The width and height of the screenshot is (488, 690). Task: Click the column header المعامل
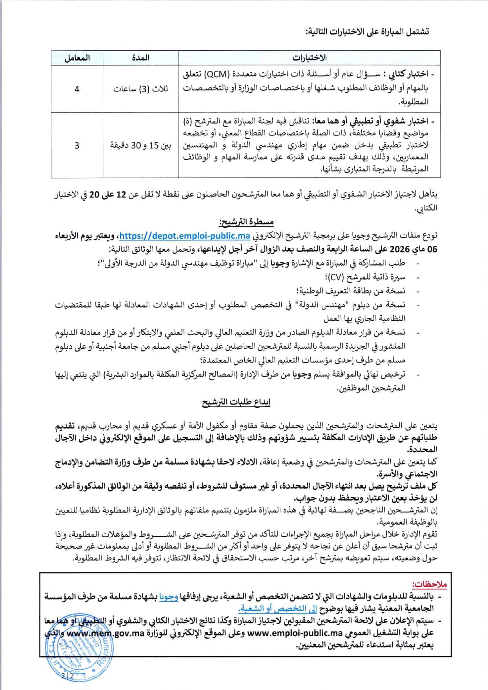pos(77,58)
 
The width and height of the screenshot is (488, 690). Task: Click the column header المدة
pos(141,58)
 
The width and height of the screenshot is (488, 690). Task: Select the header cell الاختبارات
pos(309,58)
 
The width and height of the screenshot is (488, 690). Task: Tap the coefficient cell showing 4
pos(77,89)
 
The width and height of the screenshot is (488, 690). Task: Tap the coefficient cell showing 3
pos(77,145)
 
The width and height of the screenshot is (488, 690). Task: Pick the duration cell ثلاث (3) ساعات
pos(141,89)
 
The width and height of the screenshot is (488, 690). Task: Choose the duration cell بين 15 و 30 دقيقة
pos(141,146)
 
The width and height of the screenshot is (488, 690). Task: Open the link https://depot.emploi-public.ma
pos(184,236)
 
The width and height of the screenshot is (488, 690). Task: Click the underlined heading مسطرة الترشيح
pos(246,222)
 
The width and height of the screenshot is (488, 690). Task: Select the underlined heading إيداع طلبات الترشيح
pos(236,403)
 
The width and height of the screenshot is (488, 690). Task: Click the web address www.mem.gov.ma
pos(106,633)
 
